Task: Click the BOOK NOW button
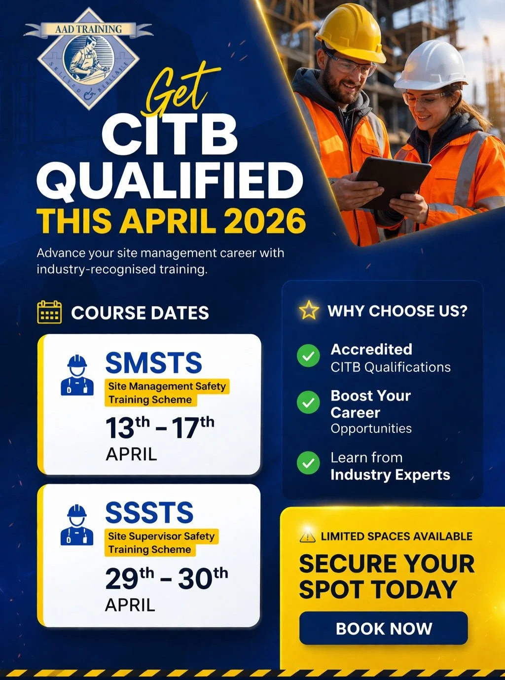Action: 383,628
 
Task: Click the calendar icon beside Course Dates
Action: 49,312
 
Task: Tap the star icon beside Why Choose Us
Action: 309,310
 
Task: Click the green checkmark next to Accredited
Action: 308,356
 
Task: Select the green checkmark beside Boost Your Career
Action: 308,403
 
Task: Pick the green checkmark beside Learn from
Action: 308,463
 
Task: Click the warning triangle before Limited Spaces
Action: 307,536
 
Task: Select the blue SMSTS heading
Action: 153,363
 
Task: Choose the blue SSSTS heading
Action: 149,513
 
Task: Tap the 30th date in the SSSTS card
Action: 203,577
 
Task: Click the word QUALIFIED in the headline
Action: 170,179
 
